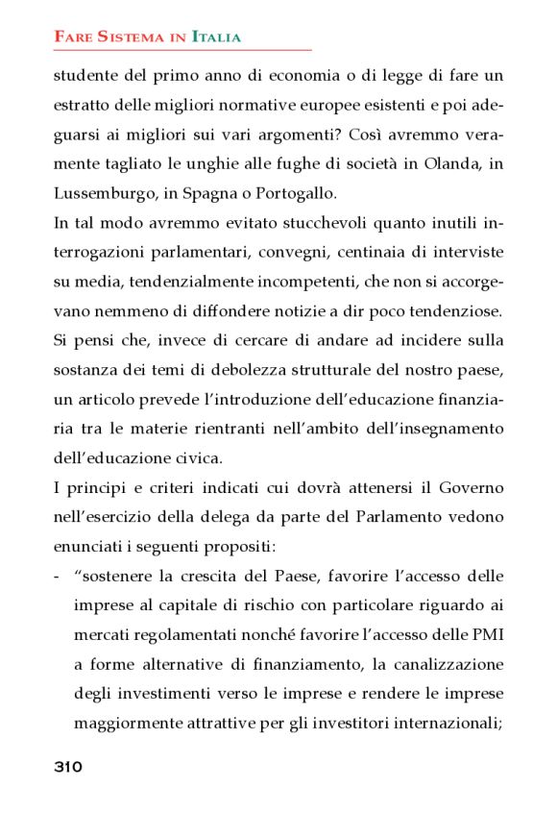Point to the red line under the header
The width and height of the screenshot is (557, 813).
pos(182,50)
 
